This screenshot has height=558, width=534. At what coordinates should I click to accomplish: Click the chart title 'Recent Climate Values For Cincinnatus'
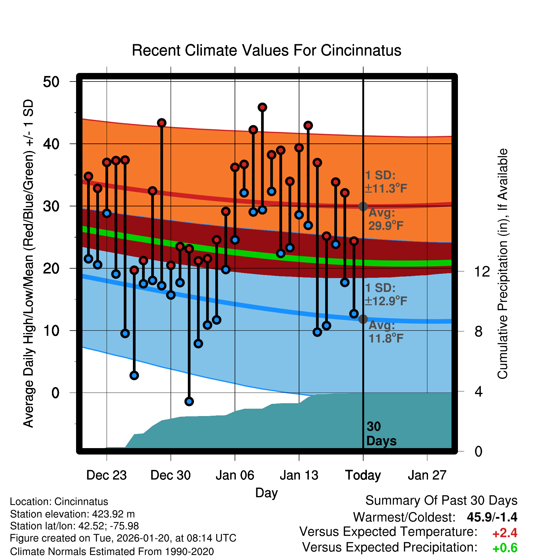click(x=266, y=50)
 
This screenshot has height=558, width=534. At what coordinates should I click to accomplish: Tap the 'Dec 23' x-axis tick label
click(x=106, y=475)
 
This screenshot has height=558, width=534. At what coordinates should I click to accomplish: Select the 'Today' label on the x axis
click(x=363, y=475)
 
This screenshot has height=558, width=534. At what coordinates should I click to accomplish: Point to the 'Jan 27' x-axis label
click(x=427, y=475)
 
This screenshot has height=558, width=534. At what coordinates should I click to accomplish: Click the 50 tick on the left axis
click(x=51, y=82)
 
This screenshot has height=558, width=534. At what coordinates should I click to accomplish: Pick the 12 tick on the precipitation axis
click(x=482, y=271)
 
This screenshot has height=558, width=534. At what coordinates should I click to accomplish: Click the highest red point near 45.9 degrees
click(x=262, y=107)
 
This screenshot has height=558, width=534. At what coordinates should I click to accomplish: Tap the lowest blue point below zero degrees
click(x=189, y=401)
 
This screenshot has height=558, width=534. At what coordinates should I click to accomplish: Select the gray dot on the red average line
click(x=363, y=206)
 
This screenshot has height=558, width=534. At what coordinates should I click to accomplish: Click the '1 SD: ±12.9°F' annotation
click(x=385, y=295)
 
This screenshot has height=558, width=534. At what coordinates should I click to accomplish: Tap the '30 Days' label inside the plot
click(x=381, y=434)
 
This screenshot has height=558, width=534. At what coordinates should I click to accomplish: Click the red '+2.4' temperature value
click(x=505, y=533)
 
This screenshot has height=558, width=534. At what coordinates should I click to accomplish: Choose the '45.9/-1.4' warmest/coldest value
click(x=492, y=517)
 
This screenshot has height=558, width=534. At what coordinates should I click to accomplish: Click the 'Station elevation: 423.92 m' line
click(x=72, y=514)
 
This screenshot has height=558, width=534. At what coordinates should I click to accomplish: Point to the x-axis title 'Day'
click(x=266, y=493)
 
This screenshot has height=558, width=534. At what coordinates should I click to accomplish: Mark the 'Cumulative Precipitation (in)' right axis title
click(x=502, y=264)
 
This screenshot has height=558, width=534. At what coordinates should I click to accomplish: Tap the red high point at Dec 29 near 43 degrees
click(x=162, y=123)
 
